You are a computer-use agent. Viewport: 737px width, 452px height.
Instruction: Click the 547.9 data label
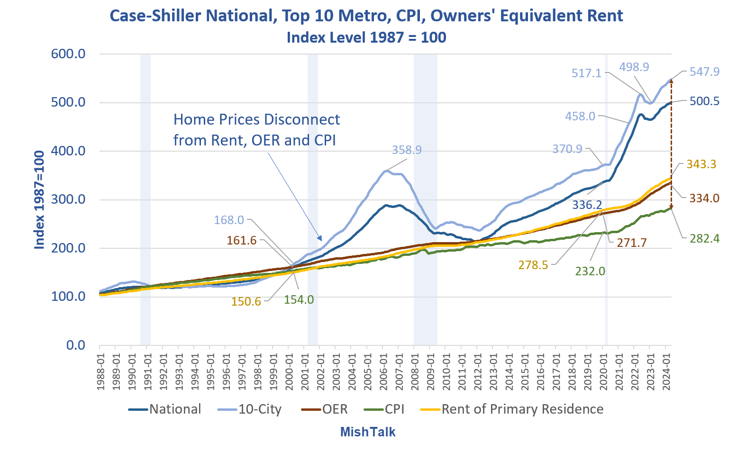704,72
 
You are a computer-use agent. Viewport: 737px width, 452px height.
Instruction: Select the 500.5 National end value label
704,101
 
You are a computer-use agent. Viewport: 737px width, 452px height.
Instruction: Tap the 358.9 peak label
407,150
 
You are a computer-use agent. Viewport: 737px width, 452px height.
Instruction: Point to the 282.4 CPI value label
704,238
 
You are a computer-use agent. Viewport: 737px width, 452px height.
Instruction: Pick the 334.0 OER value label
704,198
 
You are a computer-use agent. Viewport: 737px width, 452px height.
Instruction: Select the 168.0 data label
229,220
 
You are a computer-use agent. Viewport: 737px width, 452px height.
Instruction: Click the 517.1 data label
586,73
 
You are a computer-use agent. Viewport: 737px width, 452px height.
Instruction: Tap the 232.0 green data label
590,271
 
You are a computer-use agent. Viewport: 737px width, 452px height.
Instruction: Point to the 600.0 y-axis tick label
68,54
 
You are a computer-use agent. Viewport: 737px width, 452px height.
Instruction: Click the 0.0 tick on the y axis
76,345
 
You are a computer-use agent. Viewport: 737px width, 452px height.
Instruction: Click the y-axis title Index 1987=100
40,199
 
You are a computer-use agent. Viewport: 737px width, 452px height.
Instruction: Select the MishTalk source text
368,432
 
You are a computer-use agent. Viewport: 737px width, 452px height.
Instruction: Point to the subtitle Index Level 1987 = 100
366,37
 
